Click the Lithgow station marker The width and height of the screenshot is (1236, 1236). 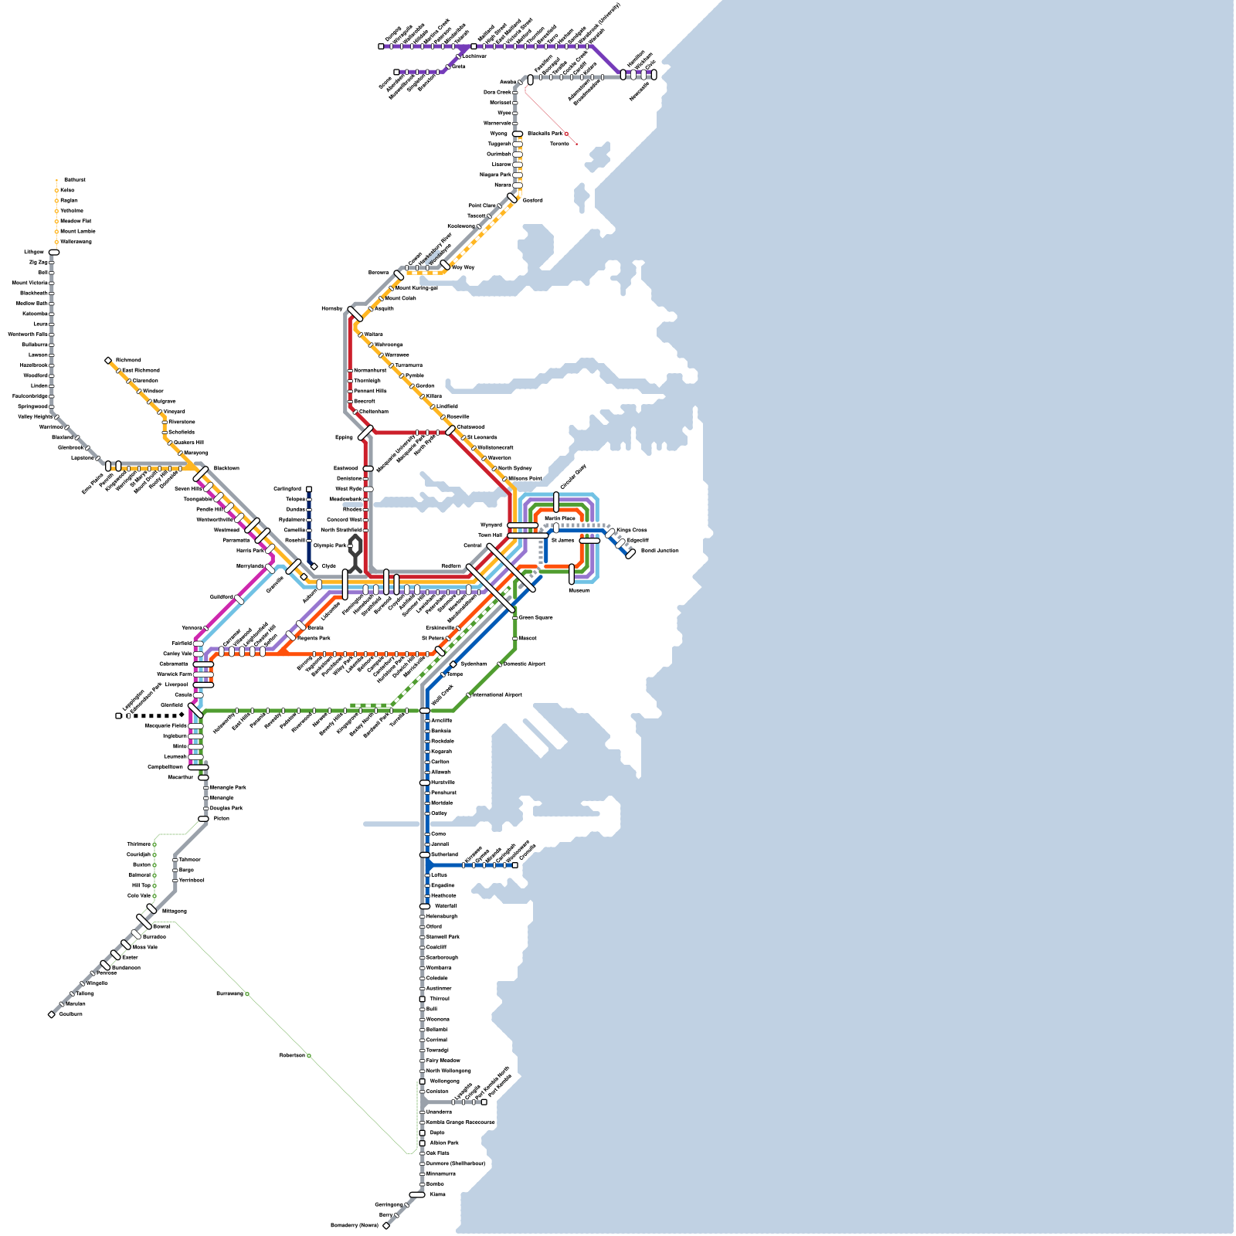[54, 252]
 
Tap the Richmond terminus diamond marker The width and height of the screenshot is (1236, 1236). [108, 361]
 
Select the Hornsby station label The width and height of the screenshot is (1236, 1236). [331, 309]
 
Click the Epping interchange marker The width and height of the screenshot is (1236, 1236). [365, 433]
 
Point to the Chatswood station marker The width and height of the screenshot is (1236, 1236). [450, 430]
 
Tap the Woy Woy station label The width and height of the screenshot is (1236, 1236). [463, 267]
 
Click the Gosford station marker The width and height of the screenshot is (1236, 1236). [511, 198]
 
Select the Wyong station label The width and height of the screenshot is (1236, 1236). [499, 134]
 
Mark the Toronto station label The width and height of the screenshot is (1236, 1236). [559, 144]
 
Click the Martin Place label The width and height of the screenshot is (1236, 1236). [559, 518]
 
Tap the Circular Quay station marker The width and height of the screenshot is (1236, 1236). [556, 501]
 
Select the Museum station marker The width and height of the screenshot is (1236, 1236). [572, 574]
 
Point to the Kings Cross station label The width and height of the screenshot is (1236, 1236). [632, 530]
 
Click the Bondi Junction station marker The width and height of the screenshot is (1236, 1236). [630, 553]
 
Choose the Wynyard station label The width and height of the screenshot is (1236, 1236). [491, 525]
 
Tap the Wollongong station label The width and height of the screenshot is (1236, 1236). [444, 1081]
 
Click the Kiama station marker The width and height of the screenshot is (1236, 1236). [417, 1194]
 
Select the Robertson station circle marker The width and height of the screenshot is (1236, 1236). [309, 1056]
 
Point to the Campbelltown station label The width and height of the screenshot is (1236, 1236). [165, 767]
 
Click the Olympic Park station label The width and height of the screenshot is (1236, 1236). [330, 545]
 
